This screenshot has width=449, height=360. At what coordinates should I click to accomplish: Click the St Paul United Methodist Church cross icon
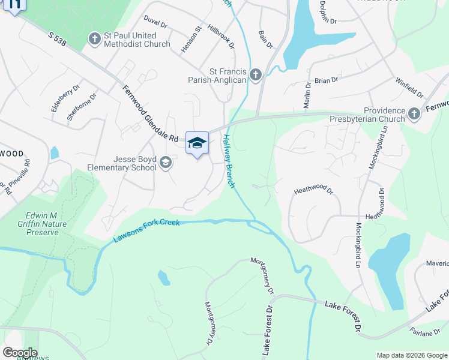pyautogui.click(x=94, y=39)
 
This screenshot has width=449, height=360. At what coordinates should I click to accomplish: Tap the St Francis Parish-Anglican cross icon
pyautogui.click(x=256, y=75)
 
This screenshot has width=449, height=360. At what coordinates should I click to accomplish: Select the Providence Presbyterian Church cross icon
pyautogui.click(x=414, y=113)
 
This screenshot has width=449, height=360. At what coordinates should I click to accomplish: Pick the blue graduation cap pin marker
pyautogui.click(x=197, y=143)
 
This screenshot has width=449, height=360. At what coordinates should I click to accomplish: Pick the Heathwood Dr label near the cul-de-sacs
pyautogui.click(x=313, y=191)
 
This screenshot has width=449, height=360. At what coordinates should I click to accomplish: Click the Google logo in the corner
pyautogui.click(x=20, y=353)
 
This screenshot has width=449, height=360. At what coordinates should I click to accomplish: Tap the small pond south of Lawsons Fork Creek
pyautogui.click(x=163, y=278)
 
